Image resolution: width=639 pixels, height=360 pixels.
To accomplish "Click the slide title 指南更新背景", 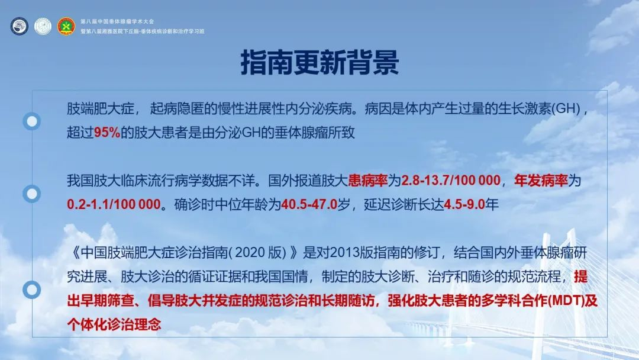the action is (x=319, y=63).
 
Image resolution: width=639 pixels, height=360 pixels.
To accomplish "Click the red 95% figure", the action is (x=107, y=133).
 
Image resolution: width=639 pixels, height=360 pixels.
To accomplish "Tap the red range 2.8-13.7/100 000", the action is (x=451, y=180).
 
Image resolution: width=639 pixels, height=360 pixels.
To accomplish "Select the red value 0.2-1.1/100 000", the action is (x=114, y=204).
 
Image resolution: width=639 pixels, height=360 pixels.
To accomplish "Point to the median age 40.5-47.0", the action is (x=309, y=204).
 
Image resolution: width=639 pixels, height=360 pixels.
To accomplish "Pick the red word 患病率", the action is (x=368, y=180).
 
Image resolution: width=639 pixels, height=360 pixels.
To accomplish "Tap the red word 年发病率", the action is (x=541, y=180).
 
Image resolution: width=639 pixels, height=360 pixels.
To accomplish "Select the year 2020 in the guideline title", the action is (x=250, y=253).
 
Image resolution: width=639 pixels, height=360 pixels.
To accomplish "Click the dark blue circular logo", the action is (x=19, y=26).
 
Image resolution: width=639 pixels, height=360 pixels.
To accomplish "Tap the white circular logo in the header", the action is (x=43, y=26).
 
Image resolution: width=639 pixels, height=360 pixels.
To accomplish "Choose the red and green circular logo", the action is (x=66, y=26).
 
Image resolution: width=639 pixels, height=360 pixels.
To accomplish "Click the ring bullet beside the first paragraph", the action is (x=31, y=121).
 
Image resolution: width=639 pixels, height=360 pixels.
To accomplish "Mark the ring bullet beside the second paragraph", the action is (x=31, y=194).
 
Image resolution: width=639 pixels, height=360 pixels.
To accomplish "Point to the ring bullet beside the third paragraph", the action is (x=31, y=290).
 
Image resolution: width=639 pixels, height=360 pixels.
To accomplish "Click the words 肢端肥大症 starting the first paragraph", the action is (x=101, y=108).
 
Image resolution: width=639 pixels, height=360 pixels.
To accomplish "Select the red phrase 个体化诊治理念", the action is (x=114, y=324).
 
